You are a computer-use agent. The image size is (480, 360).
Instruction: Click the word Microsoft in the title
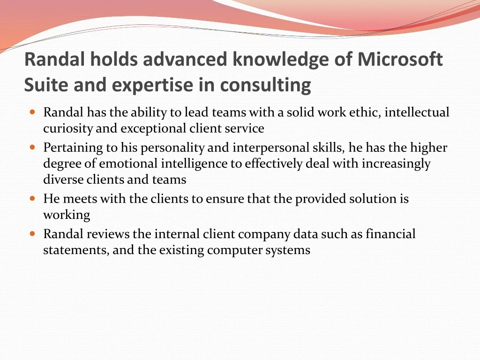click(400, 59)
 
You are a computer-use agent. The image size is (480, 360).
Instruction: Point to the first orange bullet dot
click(33, 112)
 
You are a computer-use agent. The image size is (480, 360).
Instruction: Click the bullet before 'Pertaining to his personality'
click(33, 147)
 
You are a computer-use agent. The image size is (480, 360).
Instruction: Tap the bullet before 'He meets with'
click(33, 198)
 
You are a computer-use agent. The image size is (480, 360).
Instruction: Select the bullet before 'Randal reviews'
click(33, 234)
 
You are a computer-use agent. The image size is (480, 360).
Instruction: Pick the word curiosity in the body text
click(67, 128)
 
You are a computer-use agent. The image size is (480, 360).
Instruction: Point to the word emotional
click(128, 164)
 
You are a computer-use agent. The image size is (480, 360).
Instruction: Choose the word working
click(67, 215)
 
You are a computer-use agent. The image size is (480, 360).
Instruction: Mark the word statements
click(76, 250)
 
